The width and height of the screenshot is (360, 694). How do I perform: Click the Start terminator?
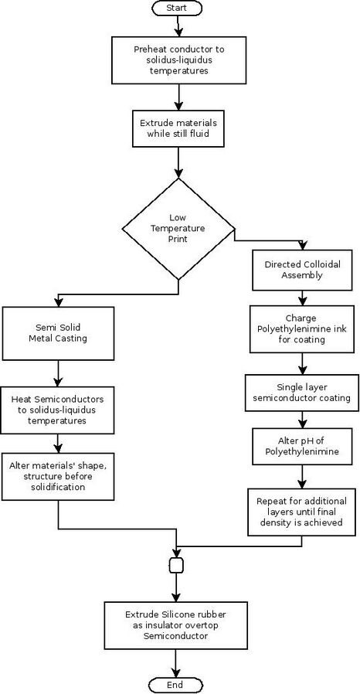tap(176, 8)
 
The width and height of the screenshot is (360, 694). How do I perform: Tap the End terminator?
tap(175, 685)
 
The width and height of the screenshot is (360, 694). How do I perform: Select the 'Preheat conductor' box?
tap(178, 60)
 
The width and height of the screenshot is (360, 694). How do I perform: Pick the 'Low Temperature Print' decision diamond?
tap(178, 229)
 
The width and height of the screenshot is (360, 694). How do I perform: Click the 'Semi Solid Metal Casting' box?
tap(58, 333)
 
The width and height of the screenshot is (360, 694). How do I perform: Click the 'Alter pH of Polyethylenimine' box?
tap(301, 446)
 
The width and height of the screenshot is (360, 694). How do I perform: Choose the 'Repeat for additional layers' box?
tap(301, 512)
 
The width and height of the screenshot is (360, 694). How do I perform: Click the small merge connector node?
tap(176, 565)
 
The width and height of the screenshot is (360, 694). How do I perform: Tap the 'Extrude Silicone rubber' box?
tap(175, 625)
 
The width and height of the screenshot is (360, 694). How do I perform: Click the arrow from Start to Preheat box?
tap(178, 26)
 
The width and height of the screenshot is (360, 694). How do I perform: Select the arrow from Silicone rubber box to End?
tap(175, 664)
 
